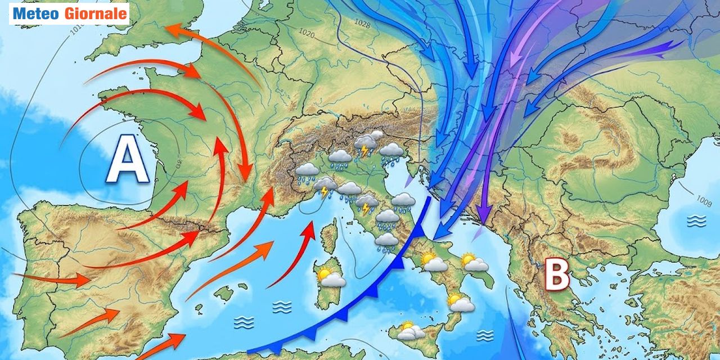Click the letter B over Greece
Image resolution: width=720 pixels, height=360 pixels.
point(556,274)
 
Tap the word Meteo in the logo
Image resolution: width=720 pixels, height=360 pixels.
point(36,13)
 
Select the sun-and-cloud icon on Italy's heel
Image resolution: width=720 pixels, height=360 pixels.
point(474,262)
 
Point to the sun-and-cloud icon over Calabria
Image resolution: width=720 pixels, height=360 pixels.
point(461,303)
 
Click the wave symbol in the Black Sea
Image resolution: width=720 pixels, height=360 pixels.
point(696,221)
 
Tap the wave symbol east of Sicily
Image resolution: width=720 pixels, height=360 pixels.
point(484,335)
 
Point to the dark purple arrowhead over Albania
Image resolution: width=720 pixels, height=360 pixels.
point(484,216)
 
